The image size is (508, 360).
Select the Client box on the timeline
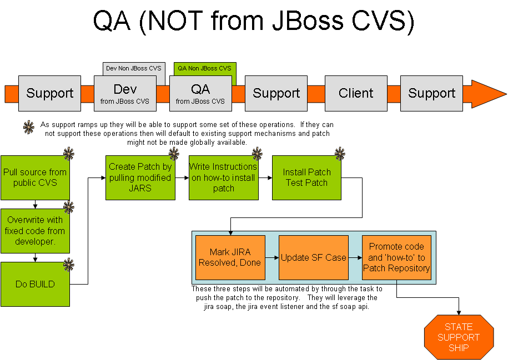point(356,93)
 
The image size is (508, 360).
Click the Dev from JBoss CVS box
point(125,93)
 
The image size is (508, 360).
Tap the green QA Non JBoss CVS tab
point(204,68)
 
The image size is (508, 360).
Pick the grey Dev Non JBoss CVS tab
point(133,68)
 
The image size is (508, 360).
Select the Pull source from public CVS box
point(35,178)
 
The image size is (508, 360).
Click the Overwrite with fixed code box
point(35,231)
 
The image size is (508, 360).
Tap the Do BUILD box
point(35,284)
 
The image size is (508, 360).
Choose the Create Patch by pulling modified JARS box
point(140,178)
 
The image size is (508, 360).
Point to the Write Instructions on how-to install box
point(223,178)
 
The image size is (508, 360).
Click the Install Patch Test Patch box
point(306,178)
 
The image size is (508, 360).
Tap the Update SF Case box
point(313,257)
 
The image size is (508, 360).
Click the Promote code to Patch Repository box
point(396,257)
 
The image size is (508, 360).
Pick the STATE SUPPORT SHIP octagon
point(459,337)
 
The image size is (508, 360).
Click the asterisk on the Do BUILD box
point(69,265)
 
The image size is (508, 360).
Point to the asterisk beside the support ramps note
point(28,127)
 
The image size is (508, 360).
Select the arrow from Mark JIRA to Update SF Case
point(271,257)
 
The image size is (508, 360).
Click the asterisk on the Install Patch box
point(340,154)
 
